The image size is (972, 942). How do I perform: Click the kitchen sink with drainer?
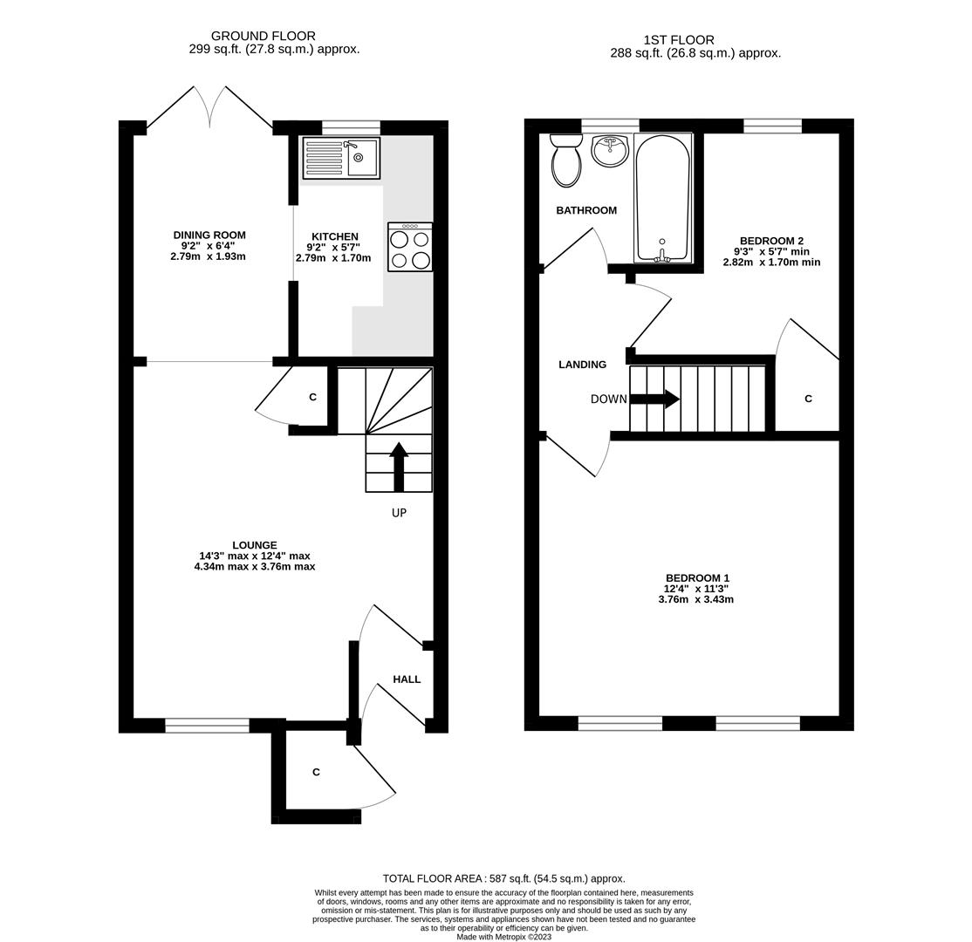coord(341,158)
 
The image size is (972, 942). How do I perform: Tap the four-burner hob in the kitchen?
coord(410,248)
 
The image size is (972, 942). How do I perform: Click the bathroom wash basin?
coord(610,150)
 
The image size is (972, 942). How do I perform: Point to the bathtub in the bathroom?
coord(663,198)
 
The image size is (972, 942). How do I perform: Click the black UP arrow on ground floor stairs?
coord(399,467)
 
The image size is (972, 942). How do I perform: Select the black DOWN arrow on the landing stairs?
coord(654,399)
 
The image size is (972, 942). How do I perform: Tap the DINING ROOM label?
coord(209,235)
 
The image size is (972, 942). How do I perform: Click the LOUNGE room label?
coord(254,545)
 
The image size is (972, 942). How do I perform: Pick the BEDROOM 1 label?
coord(697,577)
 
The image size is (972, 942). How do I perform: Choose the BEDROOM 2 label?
coord(771,241)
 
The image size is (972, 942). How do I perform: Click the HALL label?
coord(407,679)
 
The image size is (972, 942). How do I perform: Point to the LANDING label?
coord(582,365)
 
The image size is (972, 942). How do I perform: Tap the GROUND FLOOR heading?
coord(263,36)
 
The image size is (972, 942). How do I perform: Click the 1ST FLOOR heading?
coord(679,39)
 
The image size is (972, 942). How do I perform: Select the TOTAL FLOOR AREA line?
coord(503,878)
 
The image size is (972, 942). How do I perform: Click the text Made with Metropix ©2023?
coord(503,937)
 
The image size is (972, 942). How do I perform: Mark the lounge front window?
coord(207,725)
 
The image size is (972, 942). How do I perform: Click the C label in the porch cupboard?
coord(316,772)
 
